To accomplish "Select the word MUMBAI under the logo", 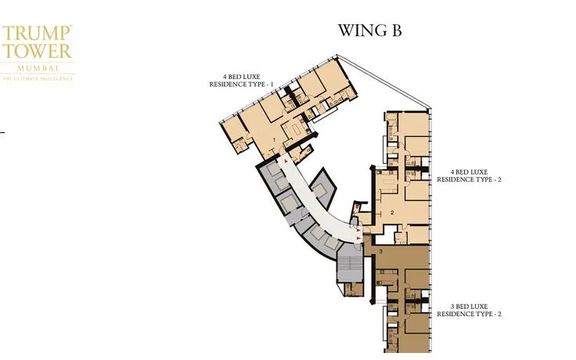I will coord(37,67).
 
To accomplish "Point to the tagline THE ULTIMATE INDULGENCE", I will coord(37,78).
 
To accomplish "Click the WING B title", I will coord(369,31).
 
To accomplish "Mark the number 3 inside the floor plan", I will coord(380,252).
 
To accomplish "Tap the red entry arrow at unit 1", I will coord(286,160).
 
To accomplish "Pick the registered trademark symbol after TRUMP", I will coord(71,27).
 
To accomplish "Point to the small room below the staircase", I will coord(354,290).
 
